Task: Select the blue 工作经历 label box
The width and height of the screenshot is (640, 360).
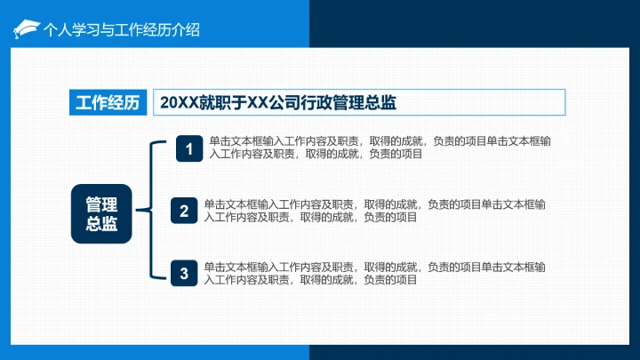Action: point(107,103)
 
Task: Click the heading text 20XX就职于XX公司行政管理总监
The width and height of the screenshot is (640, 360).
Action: point(277,103)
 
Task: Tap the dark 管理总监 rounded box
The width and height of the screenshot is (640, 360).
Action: point(101,213)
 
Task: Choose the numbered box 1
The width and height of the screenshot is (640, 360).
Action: point(188,148)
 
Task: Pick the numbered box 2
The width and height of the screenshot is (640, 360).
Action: point(184,211)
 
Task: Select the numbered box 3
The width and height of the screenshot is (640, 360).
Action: point(184,273)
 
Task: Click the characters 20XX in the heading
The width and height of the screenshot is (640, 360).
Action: point(179,103)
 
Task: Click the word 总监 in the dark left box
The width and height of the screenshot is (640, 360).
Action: point(101,224)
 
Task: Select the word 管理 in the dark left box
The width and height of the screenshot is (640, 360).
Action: point(101,203)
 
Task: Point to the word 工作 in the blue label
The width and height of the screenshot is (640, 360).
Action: point(92,103)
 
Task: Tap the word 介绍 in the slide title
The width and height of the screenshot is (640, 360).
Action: point(184,29)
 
